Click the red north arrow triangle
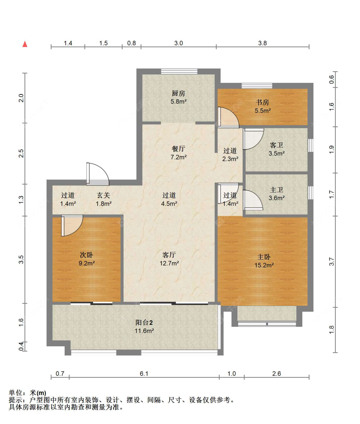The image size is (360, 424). click(25, 44)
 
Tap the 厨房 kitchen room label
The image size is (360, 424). click(178, 94)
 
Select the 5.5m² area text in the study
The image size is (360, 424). click(263, 111)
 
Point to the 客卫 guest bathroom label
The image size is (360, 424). click(276, 145)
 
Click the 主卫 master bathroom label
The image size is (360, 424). click(276, 190)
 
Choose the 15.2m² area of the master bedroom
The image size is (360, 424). click(264, 265)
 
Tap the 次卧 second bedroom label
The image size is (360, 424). click(86, 255)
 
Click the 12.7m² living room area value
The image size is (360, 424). click(169, 263)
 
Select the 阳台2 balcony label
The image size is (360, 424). click(144, 322)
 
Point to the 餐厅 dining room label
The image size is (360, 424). click(178, 149)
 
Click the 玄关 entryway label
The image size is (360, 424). click(103, 195)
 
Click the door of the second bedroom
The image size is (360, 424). click(72, 225)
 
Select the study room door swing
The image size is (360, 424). click(228, 118)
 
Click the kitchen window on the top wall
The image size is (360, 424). click(179, 71)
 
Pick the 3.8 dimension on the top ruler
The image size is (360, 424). click(262, 43)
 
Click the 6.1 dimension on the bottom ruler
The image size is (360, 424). click(144, 373)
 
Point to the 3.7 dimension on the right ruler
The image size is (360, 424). click(332, 262)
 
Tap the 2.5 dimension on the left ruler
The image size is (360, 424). click(21, 153)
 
